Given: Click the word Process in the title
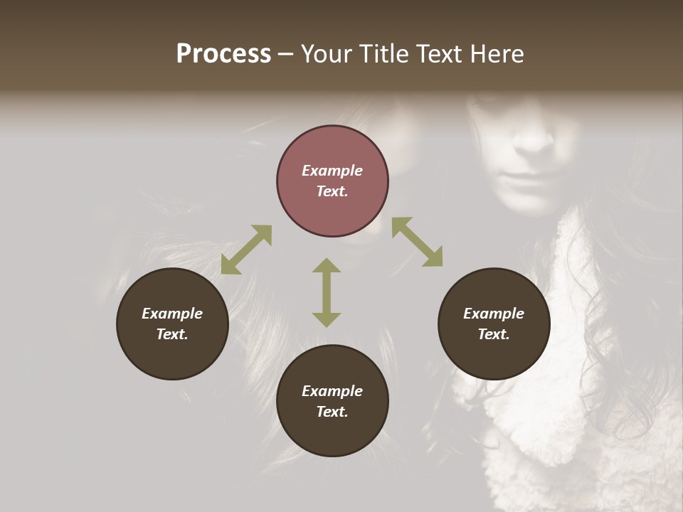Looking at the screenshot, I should click(x=223, y=54).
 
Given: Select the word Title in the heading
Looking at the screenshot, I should click(x=385, y=54).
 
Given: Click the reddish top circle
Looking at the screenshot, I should click(x=332, y=181).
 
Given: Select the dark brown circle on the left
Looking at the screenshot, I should click(x=172, y=324).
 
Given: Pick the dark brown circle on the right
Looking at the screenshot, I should click(x=494, y=324).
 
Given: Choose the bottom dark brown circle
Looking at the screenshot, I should click(x=332, y=401).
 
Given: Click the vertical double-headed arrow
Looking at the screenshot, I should click(x=327, y=292).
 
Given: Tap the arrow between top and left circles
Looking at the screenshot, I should click(x=246, y=250).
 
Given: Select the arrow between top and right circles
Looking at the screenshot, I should click(x=417, y=242).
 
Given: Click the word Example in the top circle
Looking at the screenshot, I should click(x=332, y=171).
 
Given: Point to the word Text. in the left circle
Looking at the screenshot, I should click(x=172, y=334).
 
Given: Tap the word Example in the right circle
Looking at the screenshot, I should click(x=494, y=314).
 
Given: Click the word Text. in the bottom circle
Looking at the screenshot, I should click(x=332, y=412).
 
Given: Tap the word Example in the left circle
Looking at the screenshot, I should click(x=172, y=314).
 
